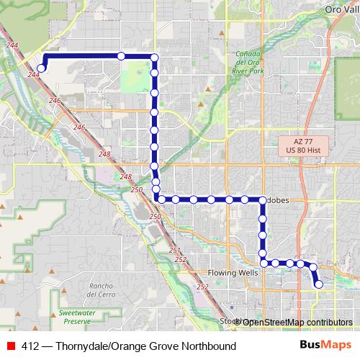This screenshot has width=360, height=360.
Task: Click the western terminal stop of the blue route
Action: click(x=41, y=69)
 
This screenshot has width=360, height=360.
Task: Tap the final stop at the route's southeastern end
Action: click(x=319, y=284)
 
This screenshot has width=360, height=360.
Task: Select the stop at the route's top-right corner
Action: click(x=154, y=57)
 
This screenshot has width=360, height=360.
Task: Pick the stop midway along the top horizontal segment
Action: click(x=121, y=56)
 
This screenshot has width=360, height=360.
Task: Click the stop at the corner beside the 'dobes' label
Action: click(x=262, y=199)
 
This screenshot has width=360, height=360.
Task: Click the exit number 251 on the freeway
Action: click(x=175, y=250)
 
